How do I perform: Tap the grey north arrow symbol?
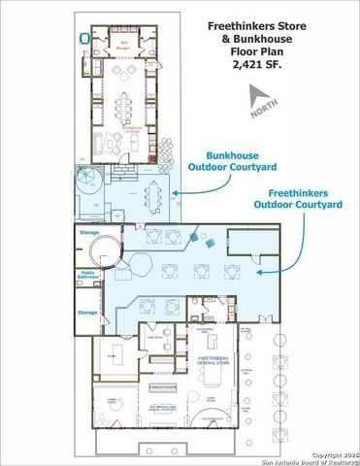click(x=257, y=96)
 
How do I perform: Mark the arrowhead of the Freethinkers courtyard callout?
click(x=257, y=275)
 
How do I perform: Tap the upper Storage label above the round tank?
click(x=87, y=233)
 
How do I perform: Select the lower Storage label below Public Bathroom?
click(x=87, y=313)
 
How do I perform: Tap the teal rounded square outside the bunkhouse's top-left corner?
click(x=84, y=38)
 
